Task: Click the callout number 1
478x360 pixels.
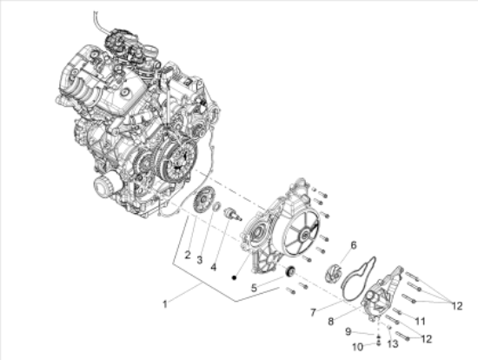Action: pos(165,304)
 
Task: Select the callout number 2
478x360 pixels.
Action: pos(188,255)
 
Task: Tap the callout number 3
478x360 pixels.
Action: pos(199,260)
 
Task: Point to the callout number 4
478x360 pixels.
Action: pos(214,267)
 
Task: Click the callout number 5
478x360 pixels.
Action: pos(254,288)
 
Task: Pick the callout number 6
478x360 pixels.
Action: pos(354,245)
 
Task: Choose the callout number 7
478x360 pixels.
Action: pos(313,312)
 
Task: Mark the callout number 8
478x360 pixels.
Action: pos(331,321)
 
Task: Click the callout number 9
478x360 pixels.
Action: pos(349,331)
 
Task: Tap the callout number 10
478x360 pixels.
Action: pos(358,347)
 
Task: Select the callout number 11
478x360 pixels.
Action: pos(420,321)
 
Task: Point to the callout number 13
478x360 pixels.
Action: pos(393,344)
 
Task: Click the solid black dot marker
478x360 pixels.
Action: pos(234,277)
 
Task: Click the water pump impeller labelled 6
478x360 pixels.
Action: pos(332,272)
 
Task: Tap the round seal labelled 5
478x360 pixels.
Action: pos(289,271)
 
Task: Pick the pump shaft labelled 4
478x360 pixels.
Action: pos(233,214)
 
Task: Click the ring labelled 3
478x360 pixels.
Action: pos(216,206)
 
